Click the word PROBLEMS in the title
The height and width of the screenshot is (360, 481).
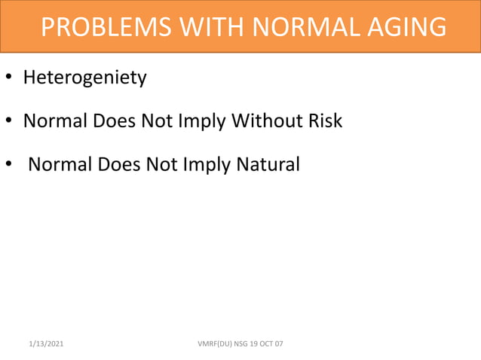[x=94, y=27]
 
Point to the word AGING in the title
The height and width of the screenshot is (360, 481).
[x=406, y=27]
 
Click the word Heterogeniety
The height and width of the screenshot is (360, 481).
[x=84, y=78]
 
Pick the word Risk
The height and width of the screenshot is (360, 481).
[x=324, y=121]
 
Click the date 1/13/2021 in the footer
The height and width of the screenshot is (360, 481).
[x=47, y=344]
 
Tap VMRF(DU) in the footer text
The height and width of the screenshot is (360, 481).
[x=214, y=344]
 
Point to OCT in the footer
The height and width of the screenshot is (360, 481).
[x=265, y=344]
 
